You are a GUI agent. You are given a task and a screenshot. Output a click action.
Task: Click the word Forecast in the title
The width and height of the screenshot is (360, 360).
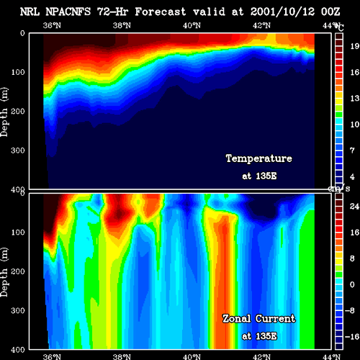click(x=161, y=12)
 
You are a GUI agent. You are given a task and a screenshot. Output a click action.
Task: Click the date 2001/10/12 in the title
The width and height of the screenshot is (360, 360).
click(x=282, y=12)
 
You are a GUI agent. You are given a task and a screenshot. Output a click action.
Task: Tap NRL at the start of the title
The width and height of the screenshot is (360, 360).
click(x=30, y=12)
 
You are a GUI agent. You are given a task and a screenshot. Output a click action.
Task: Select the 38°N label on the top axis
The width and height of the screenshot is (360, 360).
click(x=122, y=25)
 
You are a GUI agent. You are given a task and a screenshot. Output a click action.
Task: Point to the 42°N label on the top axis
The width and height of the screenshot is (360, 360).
click(x=261, y=25)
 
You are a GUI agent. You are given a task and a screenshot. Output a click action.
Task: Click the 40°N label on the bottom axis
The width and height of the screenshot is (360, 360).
click(x=192, y=356)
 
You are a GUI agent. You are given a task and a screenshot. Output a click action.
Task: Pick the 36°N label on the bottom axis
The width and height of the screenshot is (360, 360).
click(x=52, y=356)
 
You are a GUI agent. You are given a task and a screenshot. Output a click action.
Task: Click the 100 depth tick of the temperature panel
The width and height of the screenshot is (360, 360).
click(x=18, y=72)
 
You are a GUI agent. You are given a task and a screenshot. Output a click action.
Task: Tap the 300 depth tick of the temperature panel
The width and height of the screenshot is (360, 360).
click(x=18, y=150)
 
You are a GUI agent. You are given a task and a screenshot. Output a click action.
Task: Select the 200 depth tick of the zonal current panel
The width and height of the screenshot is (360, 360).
click(x=18, y=271)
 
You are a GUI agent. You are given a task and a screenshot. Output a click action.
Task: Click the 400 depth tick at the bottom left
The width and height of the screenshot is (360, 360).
click(x=18, y=350)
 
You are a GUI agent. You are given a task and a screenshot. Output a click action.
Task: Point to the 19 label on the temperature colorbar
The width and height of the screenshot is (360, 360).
click(x=355, y=46)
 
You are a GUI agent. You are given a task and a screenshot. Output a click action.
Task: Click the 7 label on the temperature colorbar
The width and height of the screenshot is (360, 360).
click(x=352, y=150)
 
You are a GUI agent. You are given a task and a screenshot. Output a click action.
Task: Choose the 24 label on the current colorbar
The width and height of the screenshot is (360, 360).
click(x=355, y=207)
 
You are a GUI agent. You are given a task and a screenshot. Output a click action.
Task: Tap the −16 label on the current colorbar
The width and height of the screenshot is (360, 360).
click(x=352, y=336)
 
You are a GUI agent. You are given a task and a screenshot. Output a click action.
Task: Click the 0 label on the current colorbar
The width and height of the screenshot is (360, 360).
click(x=352, y=284)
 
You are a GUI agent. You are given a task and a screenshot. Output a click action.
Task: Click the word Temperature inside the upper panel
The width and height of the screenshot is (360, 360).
click(x=259, y=158)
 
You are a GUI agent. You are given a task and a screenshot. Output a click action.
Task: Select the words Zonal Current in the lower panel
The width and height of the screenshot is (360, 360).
click(x=259, y=318)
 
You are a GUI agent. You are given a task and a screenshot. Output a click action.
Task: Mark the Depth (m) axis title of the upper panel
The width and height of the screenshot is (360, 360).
click(x=4, y=112)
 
